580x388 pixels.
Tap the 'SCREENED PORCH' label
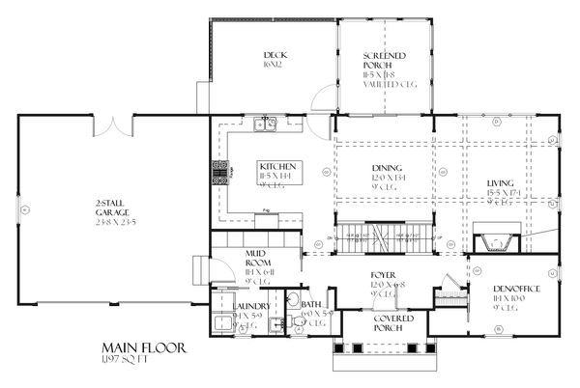385,62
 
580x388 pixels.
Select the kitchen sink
264,124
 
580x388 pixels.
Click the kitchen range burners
215,172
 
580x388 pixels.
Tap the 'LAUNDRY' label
250,306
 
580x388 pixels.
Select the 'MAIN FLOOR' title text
139,346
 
